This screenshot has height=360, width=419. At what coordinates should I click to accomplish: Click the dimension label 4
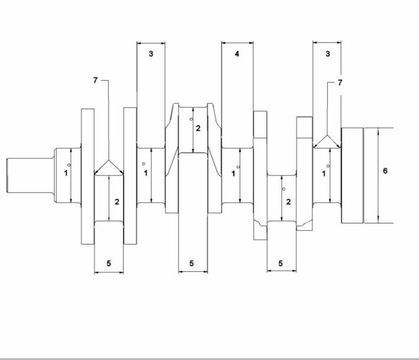[x=237, y=54]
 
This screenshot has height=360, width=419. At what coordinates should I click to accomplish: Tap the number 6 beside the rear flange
[x=385, y=171]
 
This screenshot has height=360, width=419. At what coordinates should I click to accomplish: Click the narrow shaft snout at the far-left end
[x=30, y=175]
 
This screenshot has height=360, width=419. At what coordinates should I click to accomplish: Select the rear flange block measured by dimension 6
[x=352, y=175]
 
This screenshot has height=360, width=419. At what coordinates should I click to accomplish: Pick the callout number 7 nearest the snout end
[x=96, y=80]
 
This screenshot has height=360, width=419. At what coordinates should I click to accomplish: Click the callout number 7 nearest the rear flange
[x=340, y=83]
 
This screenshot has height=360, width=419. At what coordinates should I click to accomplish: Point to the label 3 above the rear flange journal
[x=328, y=54]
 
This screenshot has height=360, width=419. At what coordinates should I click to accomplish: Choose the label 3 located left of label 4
[x=151, y=54]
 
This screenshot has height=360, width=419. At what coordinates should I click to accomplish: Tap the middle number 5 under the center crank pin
[x=192, y=264]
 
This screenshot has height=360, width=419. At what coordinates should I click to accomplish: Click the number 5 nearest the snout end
[x=109, y=264]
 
